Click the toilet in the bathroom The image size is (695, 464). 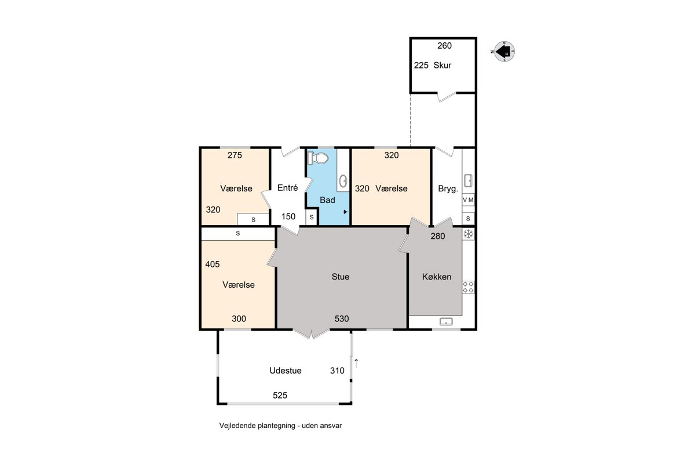[318, 158]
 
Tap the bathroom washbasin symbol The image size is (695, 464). [343, 180]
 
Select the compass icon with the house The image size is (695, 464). [503, 52]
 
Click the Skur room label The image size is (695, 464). [442, 66]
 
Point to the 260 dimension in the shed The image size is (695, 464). [444, 46]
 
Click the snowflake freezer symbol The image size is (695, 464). [468, 234]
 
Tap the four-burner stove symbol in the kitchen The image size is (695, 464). [468, 287]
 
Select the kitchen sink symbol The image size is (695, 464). [446, 322]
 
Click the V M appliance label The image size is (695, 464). [468, 200]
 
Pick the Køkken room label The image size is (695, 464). [437, 277]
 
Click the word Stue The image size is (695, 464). [341, 277]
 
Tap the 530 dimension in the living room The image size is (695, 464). [342, 318]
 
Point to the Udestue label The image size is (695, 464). [286, 371]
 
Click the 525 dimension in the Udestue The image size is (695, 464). [280, 396]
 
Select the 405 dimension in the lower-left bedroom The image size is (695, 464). [212, 264]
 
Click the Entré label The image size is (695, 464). [287, 188]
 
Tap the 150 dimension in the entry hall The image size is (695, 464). [288, 216]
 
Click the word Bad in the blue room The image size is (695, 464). [327, 200]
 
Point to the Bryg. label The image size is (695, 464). [448, 188]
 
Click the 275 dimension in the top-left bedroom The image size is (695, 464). [235, 155]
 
